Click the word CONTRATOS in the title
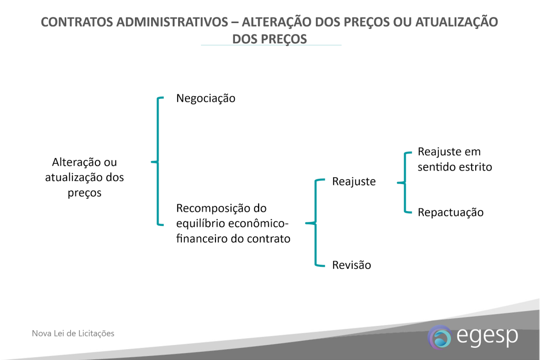coord(77,22)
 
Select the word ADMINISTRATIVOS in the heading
coord(172,22)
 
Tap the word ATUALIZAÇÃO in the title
coord(457,22)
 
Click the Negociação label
coord(206,99)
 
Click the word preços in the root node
coord(85,193)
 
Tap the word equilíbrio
coord(201,224)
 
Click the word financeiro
coord(202,238)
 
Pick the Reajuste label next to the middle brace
coord(354,181)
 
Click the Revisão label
coord(351,265)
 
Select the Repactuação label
coord(450,212)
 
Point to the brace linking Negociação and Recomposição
coord(157,162)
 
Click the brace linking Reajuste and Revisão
coord(315,223)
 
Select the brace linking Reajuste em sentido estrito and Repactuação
coord(405,183)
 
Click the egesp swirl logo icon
coord(439,337)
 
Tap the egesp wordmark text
coord(487,336)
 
